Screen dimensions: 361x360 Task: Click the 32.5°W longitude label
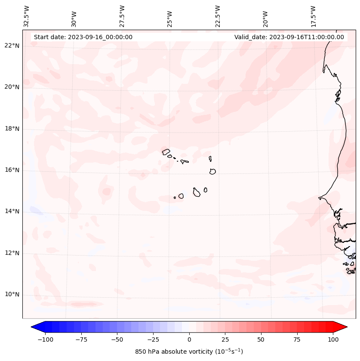point(27,16)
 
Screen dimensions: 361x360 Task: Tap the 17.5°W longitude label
point(314,16)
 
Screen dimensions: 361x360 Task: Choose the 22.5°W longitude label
point(218,16)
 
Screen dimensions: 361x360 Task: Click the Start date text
point(83,37)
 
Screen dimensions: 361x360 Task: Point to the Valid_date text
point(289,37)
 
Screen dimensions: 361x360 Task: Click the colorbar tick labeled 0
point(189,339)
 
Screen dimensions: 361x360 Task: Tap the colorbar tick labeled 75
point(296,339)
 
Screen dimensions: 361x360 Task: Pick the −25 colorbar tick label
point(153,339)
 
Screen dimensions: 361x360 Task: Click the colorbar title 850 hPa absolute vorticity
point(189,352)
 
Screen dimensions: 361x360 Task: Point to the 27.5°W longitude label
point(122,16)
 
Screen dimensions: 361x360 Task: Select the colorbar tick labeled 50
point(261,339)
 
